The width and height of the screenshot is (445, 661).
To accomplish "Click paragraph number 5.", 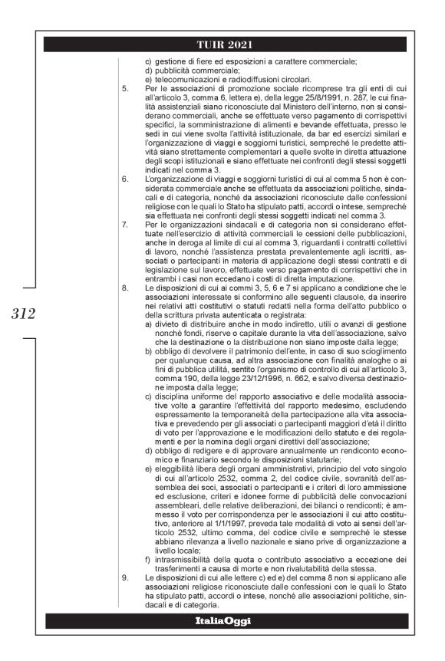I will [126, 89].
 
